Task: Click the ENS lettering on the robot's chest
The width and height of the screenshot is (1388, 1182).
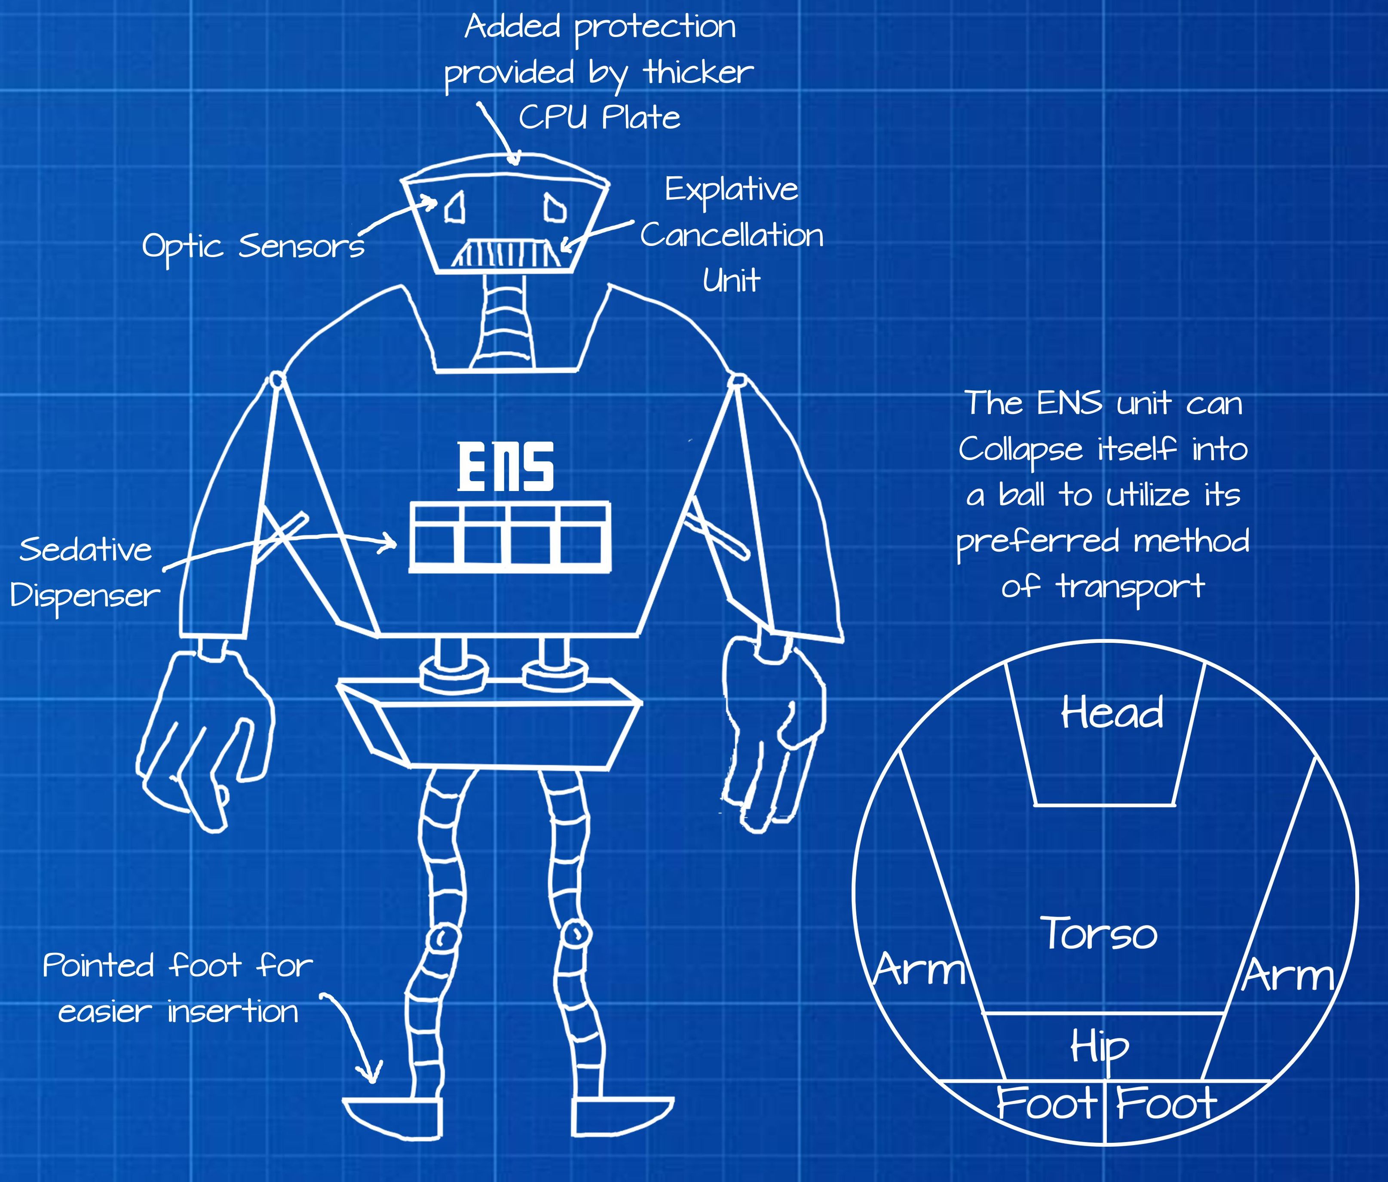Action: (506, 467)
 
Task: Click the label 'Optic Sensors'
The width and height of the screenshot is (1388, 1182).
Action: (253, 246)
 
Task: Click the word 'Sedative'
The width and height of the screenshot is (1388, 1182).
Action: (86, 550)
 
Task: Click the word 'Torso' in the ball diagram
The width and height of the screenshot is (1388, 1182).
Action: (1099, 933)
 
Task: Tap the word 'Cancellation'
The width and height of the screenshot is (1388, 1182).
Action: (732, 236)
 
